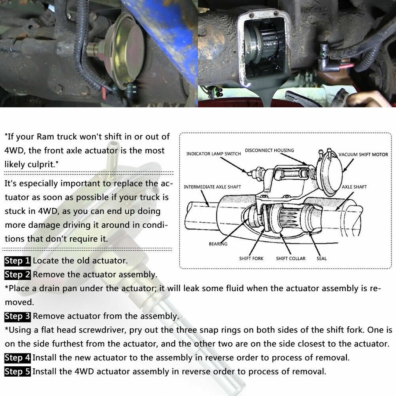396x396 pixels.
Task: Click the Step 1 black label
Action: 17,261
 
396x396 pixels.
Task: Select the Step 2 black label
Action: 17,274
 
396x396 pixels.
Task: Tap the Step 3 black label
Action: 17,316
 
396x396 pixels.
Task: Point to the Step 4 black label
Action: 17,358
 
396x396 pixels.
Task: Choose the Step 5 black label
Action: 17,372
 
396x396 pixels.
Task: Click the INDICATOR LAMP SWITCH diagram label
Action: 213,154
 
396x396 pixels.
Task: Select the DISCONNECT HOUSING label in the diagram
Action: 269,150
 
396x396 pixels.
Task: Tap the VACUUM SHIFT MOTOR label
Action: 363,154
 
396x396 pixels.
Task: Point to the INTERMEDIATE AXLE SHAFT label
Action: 212,187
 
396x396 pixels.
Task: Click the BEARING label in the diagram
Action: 218,244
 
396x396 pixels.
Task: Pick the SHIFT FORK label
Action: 251,259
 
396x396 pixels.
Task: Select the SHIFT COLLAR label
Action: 290,259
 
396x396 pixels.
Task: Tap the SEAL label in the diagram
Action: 321,259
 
